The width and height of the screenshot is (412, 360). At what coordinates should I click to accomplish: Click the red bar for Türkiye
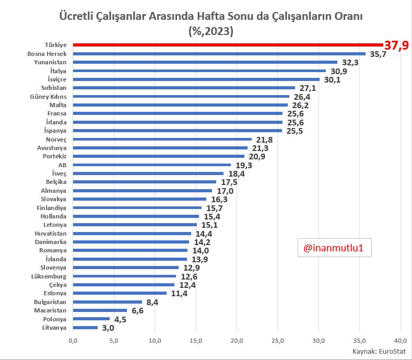point(228,45)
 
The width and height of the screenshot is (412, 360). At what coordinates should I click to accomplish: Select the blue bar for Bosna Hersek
point(219,54)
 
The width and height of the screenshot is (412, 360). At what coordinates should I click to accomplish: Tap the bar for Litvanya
point(85,328)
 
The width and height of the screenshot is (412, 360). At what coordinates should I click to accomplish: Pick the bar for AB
point(152,165)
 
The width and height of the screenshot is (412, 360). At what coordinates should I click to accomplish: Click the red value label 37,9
point(396,45)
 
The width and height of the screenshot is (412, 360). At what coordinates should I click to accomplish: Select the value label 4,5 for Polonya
point(120,319)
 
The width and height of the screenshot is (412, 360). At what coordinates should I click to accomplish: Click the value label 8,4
point(152,303)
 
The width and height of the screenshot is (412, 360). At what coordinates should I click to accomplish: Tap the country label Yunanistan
point(50,62)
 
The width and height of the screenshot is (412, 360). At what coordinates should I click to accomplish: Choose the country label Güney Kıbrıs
point(49,97)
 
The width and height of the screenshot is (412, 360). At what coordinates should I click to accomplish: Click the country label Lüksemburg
point(49,276)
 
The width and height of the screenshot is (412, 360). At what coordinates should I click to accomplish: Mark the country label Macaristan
point(50,310)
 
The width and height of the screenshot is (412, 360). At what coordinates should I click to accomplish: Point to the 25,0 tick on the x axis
point(278,341)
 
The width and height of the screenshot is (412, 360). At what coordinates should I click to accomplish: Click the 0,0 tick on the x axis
point(73,341)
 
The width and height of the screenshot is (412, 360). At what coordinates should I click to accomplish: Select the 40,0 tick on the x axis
point(401,341)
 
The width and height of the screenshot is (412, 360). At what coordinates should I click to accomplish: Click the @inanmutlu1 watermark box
point(335,248)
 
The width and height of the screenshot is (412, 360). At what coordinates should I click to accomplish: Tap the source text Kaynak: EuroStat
point(379,352)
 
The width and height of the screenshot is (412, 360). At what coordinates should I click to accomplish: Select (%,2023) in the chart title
point(211,31)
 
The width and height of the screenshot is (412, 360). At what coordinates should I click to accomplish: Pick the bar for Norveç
point(162,140)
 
